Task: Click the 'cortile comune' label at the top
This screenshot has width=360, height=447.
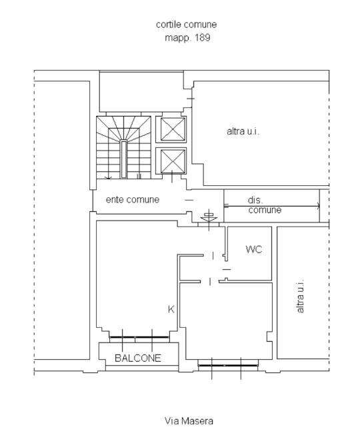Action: click(x=186, y=25)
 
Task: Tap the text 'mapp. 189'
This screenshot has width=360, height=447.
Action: click(x=187, y=37)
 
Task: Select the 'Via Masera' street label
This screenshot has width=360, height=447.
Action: click(x=189, y=421)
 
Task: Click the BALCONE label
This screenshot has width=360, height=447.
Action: click(x=138, y=358)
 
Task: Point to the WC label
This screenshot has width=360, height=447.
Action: click(x=253, y=249)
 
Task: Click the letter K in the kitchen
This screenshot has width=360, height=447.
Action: click(x=171, y=309)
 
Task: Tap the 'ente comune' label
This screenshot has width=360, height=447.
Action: click(x=133, y=200)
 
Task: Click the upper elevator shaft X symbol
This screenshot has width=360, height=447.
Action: click(x=173, y=129)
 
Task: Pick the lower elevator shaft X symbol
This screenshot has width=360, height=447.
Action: click(x=173, y=161)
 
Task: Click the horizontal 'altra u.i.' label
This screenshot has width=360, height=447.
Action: click(x=243, y=131)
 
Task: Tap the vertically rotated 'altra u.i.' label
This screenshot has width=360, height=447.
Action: click(x=300, y=296)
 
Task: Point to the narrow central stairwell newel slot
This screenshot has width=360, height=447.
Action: click(x=123, y=159)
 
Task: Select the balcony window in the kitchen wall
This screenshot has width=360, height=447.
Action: click(x=139, y=337)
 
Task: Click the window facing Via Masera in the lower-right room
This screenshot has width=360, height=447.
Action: click(x=227, y=365)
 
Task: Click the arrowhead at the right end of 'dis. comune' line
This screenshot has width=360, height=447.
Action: click(x=319, y=207)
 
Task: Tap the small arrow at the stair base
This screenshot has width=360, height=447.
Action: click(x=108, y=178)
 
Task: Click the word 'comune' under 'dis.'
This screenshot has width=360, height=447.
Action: click(x=265, y=210)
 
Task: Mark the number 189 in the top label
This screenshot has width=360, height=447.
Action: click(x=203, y=37)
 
